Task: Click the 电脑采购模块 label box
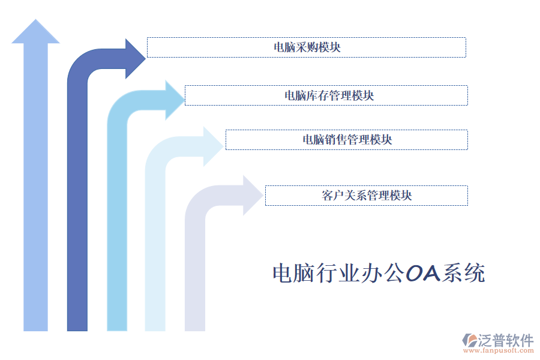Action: click(307, 47)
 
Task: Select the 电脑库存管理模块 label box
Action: click(326, 95)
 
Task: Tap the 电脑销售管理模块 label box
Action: click(347, 140)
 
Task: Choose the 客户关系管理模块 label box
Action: click(367, 196)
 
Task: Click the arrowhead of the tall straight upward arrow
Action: click(35, 32)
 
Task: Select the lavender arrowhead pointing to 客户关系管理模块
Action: click(253, 196)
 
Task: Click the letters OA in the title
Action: click(423, 274)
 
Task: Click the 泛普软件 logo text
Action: click(505, 340)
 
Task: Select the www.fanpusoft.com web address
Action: click(497, 351)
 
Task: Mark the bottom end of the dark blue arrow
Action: click(77, 324)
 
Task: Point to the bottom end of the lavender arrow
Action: click(195, 324)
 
